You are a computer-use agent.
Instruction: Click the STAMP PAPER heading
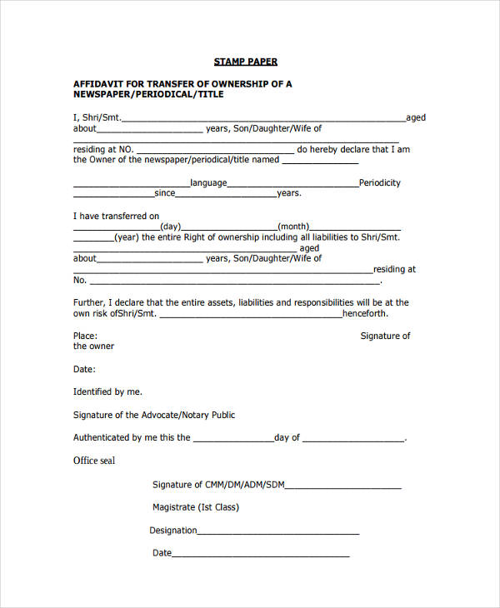tap(245, 62)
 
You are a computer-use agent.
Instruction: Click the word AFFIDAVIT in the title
tap(100, 84)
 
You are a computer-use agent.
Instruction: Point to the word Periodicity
tap(379, 182)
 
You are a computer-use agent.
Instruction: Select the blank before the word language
tap(131, 186)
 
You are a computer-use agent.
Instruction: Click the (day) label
tap(170, 227)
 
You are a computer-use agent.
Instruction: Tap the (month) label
tap(293, 227)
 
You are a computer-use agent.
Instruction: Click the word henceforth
tap(364, 314)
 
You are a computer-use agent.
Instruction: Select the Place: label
tap(85, 336)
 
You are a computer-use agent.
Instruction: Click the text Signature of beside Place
tap(385, 336)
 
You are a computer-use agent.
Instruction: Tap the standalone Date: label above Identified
tap(84, 369)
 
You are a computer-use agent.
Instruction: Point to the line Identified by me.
tap(107, 391)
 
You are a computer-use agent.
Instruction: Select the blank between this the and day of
tap(232, 440)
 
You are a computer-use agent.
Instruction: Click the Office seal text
tap(94, 461)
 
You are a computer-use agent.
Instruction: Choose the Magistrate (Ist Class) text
tap(196, 507)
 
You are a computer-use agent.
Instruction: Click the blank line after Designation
tap(278, 533)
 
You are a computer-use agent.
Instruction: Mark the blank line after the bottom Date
tap(261, 556)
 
